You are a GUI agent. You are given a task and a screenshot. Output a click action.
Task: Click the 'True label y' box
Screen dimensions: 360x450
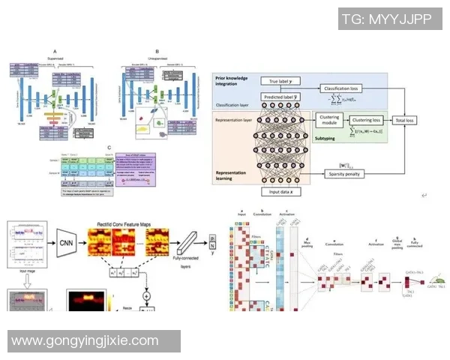click(279, 80)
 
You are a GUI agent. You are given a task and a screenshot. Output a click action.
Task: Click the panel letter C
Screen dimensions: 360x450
click(109, 148)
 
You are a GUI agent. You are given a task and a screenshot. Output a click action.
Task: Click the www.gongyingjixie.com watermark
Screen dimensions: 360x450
click(85, 340)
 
